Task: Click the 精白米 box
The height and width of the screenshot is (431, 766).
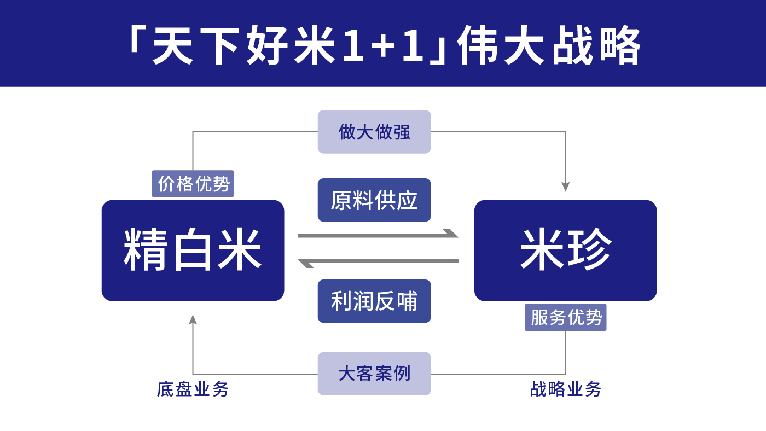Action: pyautogui.click(x=193, y=250)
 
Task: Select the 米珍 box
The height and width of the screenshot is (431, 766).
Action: pyautogui.click(x=565, y=250)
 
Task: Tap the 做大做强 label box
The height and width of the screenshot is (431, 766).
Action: pyautogui.click(x=374, y=132)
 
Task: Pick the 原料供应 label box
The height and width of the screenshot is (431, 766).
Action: pyautogui.click(x=374, y=200)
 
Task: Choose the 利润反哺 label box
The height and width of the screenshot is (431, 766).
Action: pyautogui.click(x=374, y=301)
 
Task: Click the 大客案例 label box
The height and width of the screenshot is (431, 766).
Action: pyautogui.click(x=374, y=374)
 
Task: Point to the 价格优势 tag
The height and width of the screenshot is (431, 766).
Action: pyautogui.click(x=193, y=184)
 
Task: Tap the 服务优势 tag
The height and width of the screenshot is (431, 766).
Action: pyautogui.click(x=565, y=317)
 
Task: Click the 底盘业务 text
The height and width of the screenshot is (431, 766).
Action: pyautogui.click(x=193, y=389)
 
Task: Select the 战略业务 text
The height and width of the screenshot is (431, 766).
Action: pyautogui.click(x=565, y=389)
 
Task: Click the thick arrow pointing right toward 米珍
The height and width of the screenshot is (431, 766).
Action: pyautogui.click(x=378, y=235)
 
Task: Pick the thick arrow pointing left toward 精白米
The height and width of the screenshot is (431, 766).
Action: pyautogui.click(x=378, y=261)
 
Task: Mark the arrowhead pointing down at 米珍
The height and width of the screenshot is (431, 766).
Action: pyautogui.click(x=565, y=187)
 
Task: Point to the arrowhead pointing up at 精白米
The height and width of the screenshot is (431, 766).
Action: pyautogui.click(x=193, y=320)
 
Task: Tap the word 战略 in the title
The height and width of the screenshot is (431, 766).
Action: pyautogui.click(x=596, y=46)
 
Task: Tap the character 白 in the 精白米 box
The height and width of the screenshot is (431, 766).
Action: pyautogui.click(x=193, y=250)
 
